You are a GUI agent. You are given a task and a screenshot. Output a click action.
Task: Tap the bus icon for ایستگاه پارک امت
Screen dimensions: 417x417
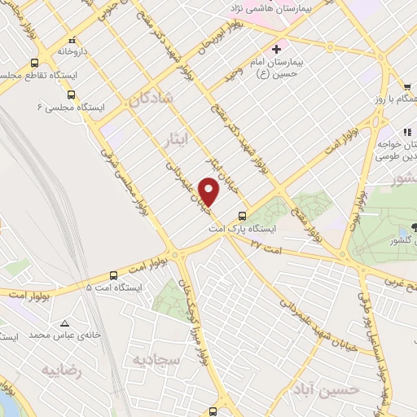point(242,217)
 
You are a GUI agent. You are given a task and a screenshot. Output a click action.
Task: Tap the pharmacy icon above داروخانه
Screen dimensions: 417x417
point(72,39)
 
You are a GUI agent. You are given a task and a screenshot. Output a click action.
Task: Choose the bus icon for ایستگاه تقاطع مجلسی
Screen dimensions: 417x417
point(34,63)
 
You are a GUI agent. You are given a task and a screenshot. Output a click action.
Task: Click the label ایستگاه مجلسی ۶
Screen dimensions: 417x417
point(69,106)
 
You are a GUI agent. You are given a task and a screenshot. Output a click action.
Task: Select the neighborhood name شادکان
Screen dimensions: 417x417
point(151,100)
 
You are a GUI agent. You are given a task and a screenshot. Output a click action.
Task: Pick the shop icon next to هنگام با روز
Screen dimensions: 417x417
point(406,86)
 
